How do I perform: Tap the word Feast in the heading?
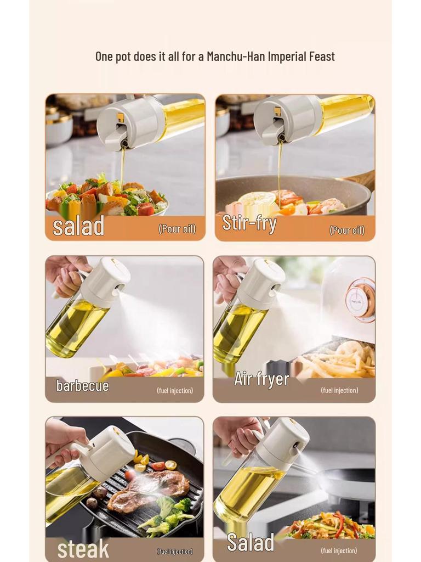(x=320, y=57)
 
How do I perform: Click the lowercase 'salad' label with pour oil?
(x=78, y=226)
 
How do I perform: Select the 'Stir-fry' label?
(x=249, y=223)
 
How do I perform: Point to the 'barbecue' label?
(x=82, y=386)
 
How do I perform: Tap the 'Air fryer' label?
(x=261, y=379)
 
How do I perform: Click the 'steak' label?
(x=83, y=549)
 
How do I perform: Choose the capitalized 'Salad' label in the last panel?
(x=251, y=542)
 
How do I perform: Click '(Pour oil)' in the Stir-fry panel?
(x=346, y=231)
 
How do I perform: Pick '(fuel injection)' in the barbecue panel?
(x=175, y=391)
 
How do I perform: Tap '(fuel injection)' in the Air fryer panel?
(x=339, y=390)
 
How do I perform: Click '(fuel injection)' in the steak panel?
(x=175, y=551)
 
